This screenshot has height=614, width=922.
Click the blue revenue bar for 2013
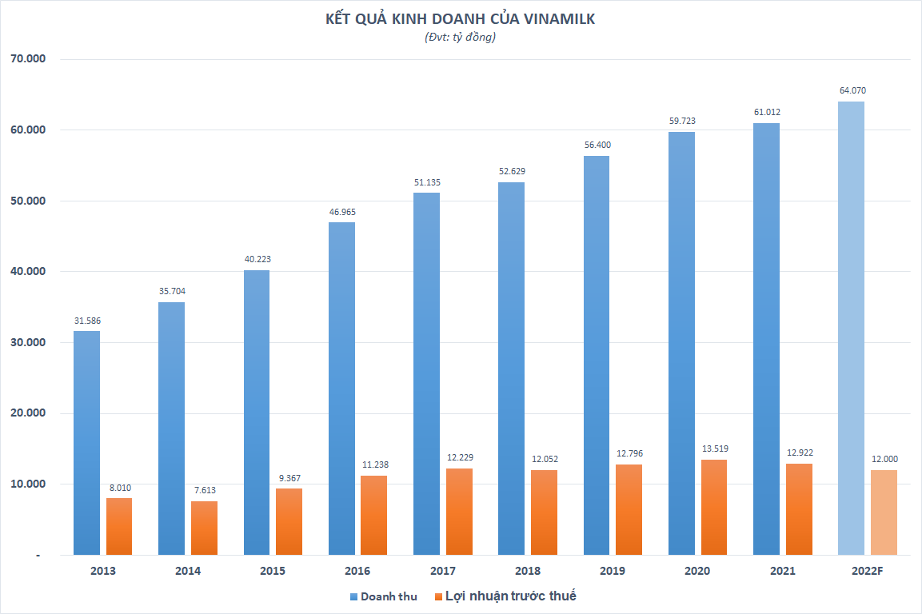[x=86, y=443]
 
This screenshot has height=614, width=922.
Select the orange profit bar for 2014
[x=204, y=528]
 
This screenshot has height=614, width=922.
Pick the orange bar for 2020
[x=713, y=507]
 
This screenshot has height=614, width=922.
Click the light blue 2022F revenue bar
[x=851, y=328]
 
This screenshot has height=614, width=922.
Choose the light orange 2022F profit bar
[x=884, y=512]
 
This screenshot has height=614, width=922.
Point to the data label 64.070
[x=851, y=90]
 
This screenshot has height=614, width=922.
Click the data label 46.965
[x=341, y=212]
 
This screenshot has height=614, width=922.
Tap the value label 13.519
[x=713, y=449]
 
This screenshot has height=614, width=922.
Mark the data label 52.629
[x=511, y=171]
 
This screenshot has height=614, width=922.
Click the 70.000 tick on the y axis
[x=28, y=59]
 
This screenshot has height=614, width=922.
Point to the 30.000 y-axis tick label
[x=28, y=342]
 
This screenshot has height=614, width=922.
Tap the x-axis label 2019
[x=612, y=571]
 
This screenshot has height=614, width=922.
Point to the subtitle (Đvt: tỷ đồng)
[x=460, y=38]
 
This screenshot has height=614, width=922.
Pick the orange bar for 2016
[x=373, y=515]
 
